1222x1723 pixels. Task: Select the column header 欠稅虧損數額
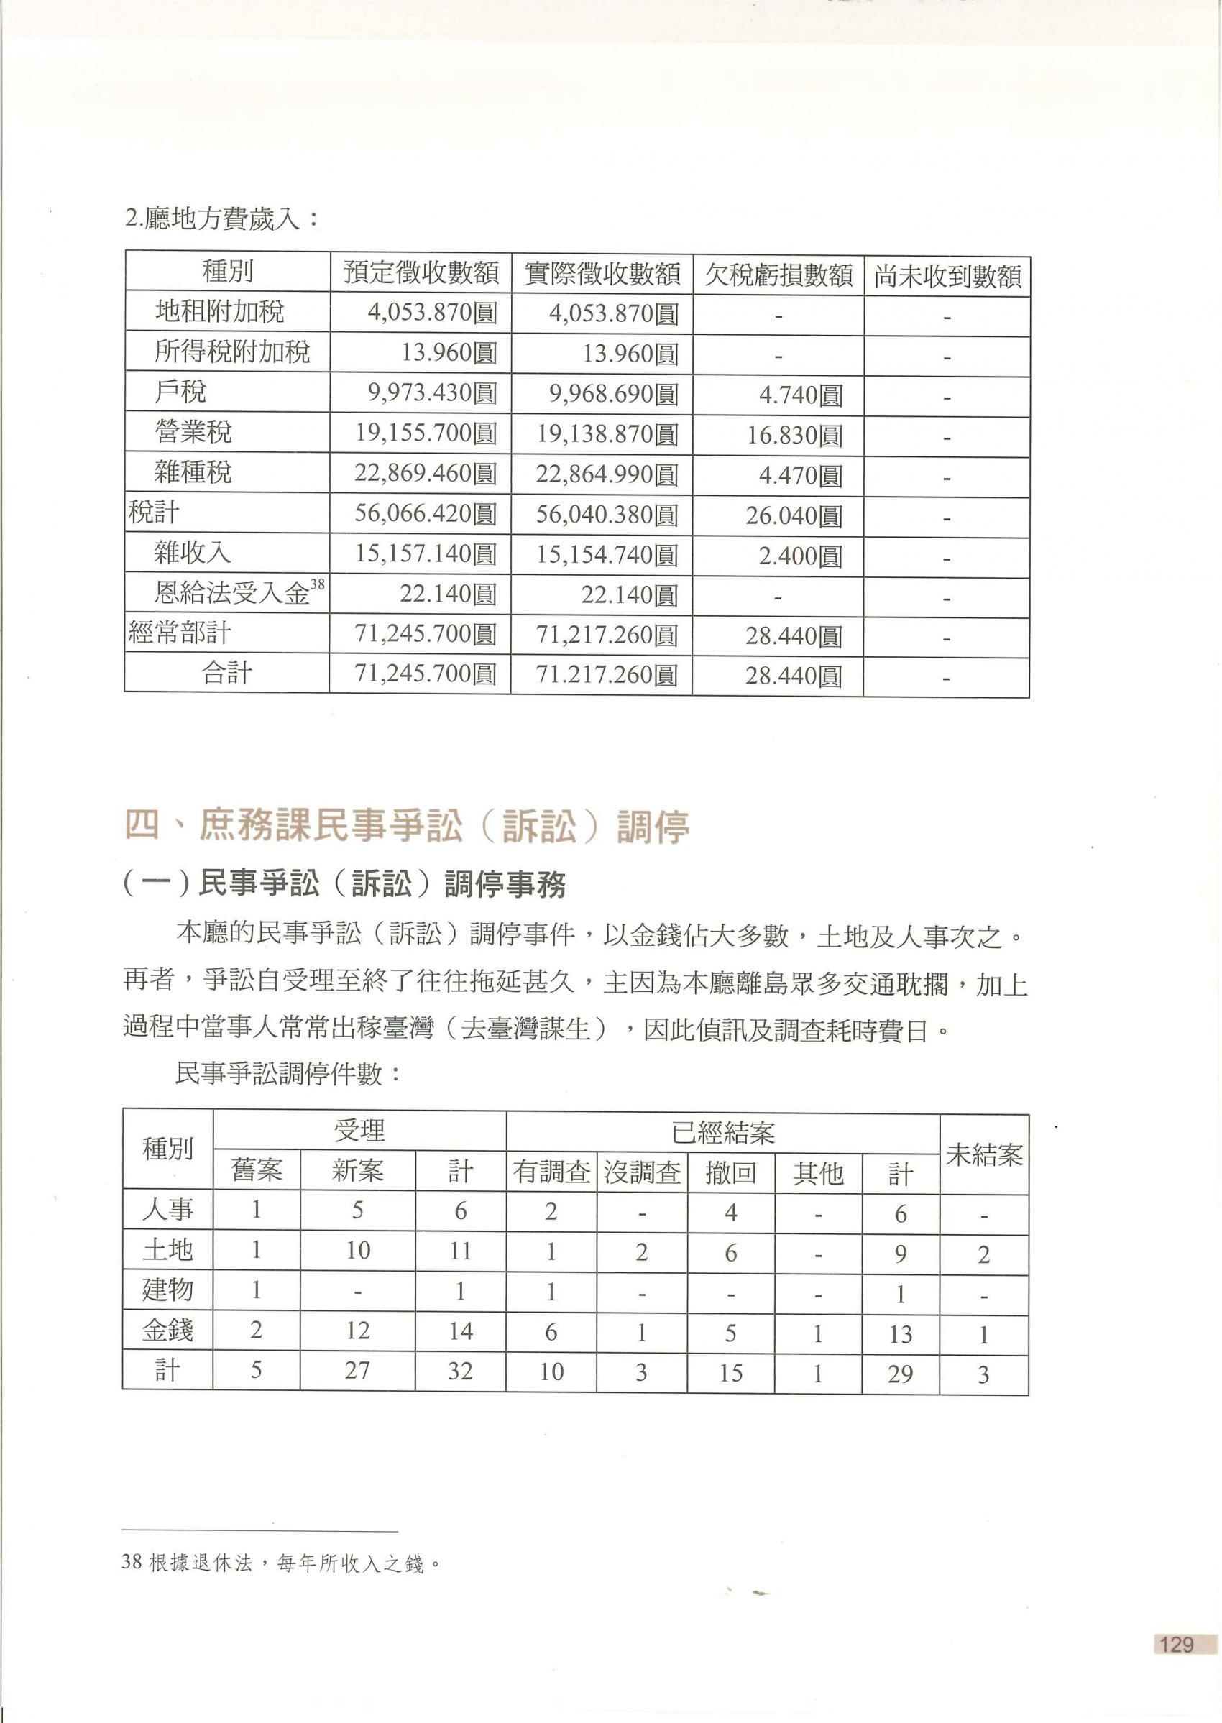pyautogui.click(x=778, y=275)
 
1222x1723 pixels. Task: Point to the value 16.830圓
pyautogui.click(x=794, y=435)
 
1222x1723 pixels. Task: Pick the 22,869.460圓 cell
pyautogui.click(x=425, y=473)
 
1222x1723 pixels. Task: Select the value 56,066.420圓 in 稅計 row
pyautogui.click(x=425, y=514)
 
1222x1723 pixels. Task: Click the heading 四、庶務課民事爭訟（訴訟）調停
pyautogui.click(x=406, y=826)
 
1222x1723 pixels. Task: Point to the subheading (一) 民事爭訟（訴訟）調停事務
pyautogui.click(x=344, y=885)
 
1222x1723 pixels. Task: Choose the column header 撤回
pyautogui.click(x=730, y=1172)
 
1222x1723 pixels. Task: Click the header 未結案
pyautogui.click(x=984, y=1155)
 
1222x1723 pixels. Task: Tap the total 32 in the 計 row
pyautogui.click(x=460, y=1371)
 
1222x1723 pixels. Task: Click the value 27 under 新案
pyautogui.click(x=357, y=1371)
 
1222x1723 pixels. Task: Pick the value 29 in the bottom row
pyautogui.click(x=900, y=1374)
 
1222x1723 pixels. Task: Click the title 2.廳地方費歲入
pyautogui.click(x=222, y=219)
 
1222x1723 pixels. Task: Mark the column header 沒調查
pyautogui.click(x=642, y=1172)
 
